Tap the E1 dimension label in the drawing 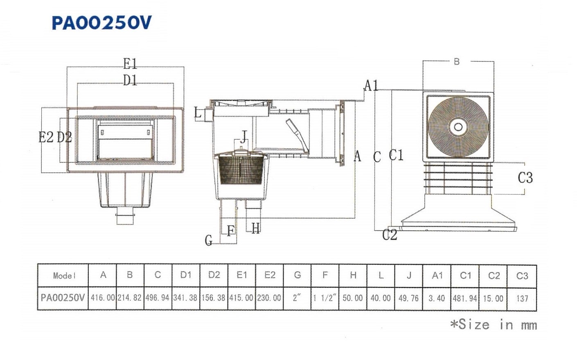click(130, 64)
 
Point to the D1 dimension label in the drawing click(130, 80)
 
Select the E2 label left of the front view click(46, 137)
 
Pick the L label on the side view click(198, 113)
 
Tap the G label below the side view click(209, 241)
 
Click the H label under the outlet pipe click(255, 228)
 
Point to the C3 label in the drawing click(525, 178)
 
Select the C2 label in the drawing click(390, 235)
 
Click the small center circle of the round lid click(458, 127)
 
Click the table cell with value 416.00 click(103, 298)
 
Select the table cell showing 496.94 click(158, 298)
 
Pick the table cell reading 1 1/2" click(325, 298)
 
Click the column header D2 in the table click(214, 275)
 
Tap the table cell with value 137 click(522, 298)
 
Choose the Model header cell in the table click(64, 276)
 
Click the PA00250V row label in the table click(63, 298)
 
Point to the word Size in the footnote click(474, 325)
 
